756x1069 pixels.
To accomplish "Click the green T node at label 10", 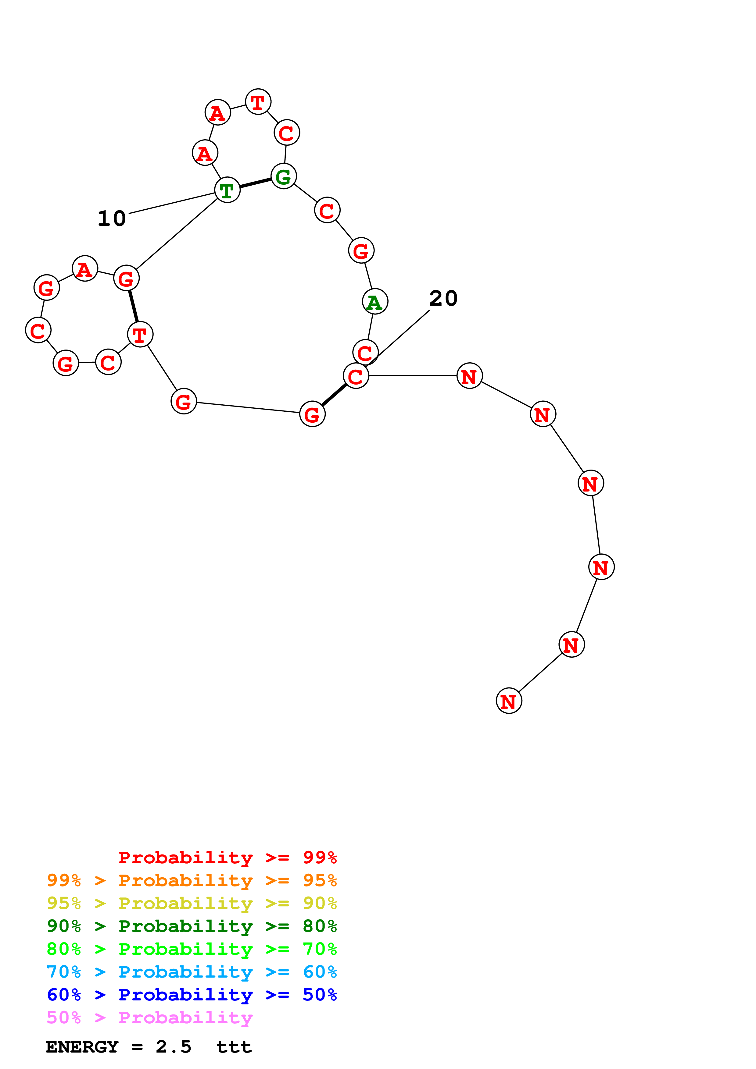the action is (227, 190).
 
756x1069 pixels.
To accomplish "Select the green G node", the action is (283, 176).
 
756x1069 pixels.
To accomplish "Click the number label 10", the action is (112, 218).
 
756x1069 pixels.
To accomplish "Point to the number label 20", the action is (443, 298).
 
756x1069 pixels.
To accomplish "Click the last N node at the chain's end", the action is (509, 701).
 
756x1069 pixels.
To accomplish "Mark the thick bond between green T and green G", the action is (255, 183).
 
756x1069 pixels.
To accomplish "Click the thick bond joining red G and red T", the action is (133, 306).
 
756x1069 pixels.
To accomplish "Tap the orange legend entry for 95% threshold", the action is (192, 880).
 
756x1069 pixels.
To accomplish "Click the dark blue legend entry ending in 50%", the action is (192, 995).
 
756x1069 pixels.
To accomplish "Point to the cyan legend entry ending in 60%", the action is (192, 972).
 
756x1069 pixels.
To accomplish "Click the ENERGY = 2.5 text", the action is (118, 1047).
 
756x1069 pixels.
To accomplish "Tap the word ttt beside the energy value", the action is (234, 1047).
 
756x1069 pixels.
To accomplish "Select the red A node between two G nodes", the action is (85, 269).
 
